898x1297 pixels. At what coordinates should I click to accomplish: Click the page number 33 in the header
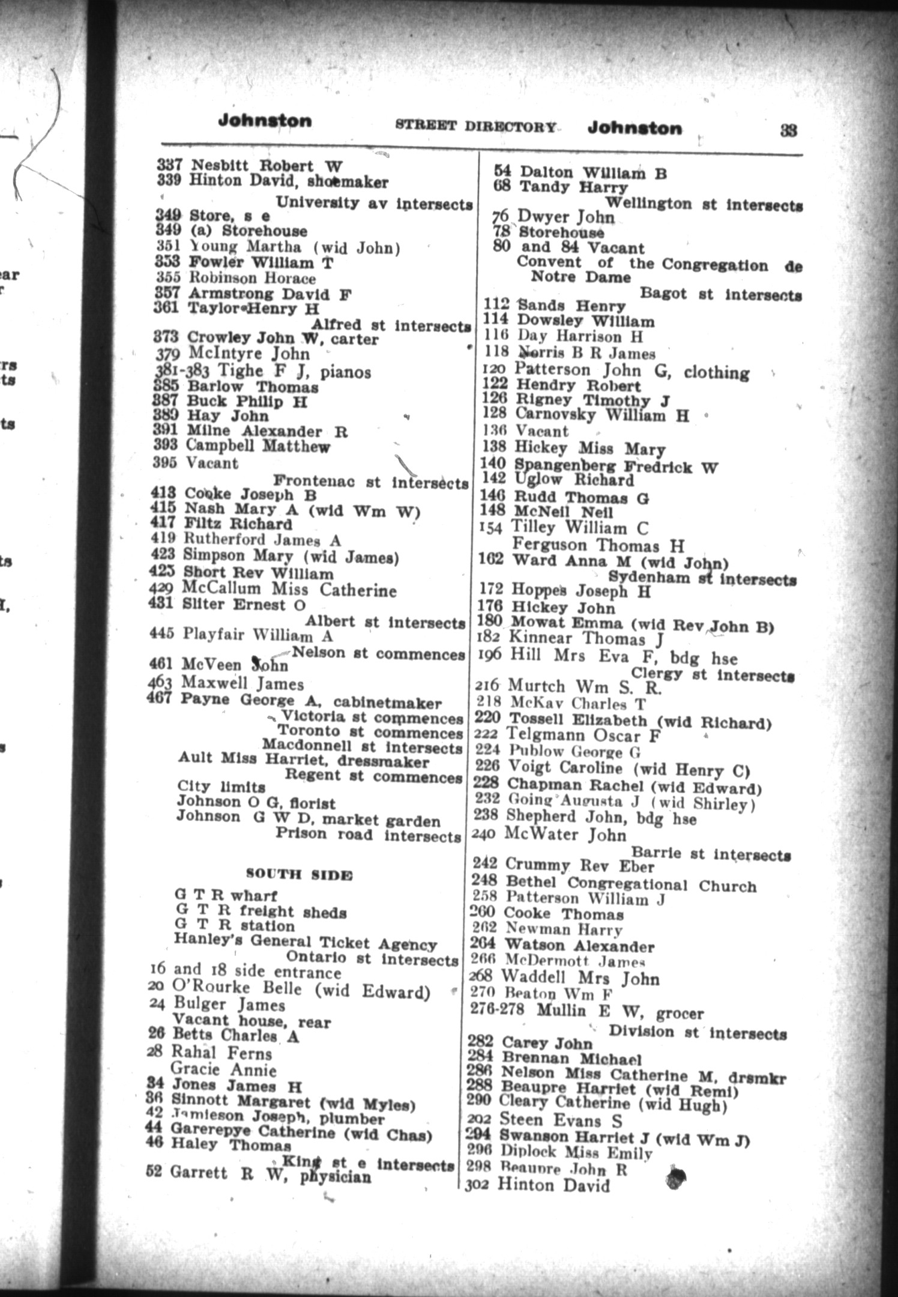(x=788, y=130)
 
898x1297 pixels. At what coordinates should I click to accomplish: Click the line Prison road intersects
(x=367, y=835)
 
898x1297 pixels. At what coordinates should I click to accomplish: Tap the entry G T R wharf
(x=226, y=896)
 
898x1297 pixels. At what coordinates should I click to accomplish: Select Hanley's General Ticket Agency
(x=306, y=943)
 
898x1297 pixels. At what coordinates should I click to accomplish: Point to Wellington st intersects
(x=704, y=204)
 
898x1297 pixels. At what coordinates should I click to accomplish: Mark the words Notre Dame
(x=580, y=277)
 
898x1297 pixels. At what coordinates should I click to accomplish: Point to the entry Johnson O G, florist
(x=256, y=802)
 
